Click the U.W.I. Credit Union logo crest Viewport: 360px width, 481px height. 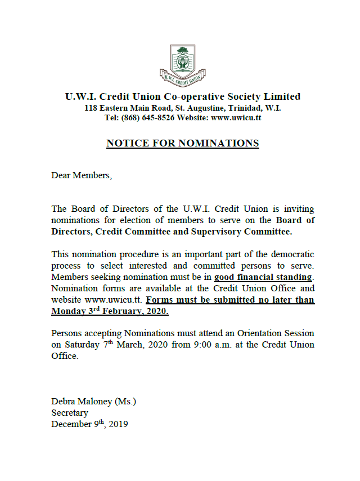click(x=183, y=64)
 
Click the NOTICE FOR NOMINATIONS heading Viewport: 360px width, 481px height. click(x=183, y=144)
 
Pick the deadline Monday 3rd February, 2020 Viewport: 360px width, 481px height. click(x=110, y=311)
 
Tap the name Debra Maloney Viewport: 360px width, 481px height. click(x=82, y=401)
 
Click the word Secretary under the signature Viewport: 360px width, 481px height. click(x=69, y=413)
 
